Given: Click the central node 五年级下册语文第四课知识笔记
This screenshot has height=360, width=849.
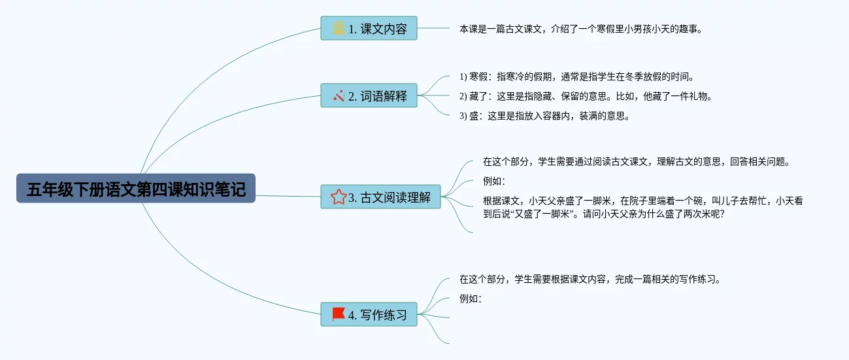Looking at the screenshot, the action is point(136,188).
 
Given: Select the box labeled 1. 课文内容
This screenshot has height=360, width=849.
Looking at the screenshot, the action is point(369,28).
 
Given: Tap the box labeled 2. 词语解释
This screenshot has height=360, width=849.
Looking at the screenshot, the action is point(369,95).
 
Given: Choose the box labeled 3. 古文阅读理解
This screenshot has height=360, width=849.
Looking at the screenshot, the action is point(380,197).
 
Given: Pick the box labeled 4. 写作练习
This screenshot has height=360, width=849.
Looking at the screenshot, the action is point(369,314).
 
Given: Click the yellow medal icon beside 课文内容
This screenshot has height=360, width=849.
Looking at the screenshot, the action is point(339,29).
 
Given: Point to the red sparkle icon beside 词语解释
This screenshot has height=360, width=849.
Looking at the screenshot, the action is point(339,96).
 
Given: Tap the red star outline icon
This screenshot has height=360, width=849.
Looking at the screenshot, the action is point(339,197).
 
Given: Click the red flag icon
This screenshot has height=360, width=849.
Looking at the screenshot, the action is point(339,314).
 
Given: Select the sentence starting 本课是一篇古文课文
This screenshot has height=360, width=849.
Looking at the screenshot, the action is point(580,29).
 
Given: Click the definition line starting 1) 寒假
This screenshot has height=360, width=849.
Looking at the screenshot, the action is point(576,77).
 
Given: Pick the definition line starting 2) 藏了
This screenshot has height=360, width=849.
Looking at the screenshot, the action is point(586,97).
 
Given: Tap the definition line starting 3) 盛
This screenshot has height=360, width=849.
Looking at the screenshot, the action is point(544,116).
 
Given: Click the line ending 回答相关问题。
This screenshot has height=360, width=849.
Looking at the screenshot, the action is point(637,162).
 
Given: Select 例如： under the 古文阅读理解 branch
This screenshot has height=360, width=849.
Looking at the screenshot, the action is point(494,182).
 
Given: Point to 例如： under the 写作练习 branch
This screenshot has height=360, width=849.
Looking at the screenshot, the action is point(471,299).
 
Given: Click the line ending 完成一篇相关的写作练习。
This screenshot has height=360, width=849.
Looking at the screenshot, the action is point(590,280).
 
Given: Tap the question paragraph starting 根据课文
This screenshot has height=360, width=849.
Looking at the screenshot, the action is point(643,207).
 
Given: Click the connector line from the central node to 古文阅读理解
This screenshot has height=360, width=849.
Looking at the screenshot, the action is point(288,196).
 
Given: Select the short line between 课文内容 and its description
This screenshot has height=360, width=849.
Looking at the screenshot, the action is point(433,28).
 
